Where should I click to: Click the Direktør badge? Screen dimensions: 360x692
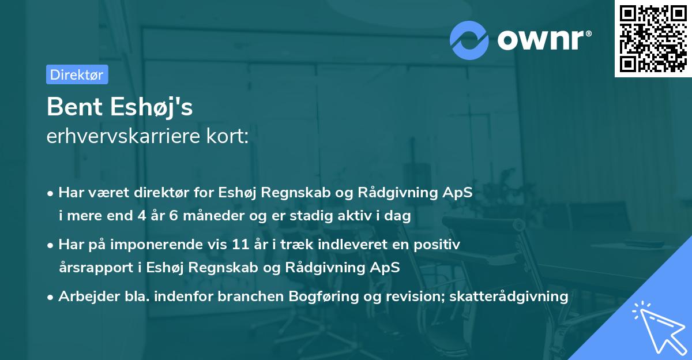77,74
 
